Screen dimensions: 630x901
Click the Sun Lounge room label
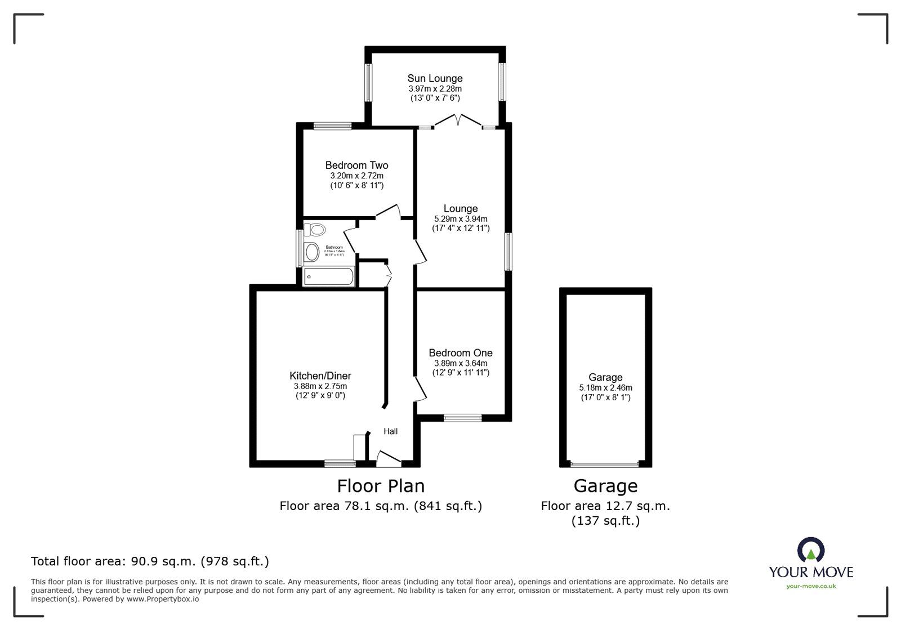click(x=435, y=78)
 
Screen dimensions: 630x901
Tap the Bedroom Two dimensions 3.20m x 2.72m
click(x=356, y=176)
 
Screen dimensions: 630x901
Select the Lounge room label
click(x=460, y=209)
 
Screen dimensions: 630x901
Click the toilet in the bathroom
click(x=315, y=229)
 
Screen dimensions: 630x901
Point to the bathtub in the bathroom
click(x=328, y=276)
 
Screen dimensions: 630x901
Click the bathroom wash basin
click(x=311, y=252)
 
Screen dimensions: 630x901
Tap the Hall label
click(x=390, y=431)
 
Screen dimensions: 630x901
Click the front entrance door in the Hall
click(x=389, y=459)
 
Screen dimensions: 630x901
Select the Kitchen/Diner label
click(x=320, y=376)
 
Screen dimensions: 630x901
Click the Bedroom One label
click(x=460, y=353)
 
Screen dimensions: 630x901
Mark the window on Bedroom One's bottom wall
click(x=462, y=418)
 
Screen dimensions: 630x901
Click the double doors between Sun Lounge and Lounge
click(x=458, y=120)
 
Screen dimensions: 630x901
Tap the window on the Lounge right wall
click(x=508, y=252)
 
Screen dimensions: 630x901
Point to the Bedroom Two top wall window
click(x=332, y=126)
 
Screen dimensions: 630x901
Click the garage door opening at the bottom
click(x=605, y=464)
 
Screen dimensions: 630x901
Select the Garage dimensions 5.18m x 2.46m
click(x=605, y=388)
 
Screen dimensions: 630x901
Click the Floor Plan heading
click(x=381, y=486)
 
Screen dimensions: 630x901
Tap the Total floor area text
click(x=150, y=561)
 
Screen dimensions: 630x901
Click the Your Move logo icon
click(x=810, y=550)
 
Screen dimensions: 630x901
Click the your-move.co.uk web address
click(x=811, y=586)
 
